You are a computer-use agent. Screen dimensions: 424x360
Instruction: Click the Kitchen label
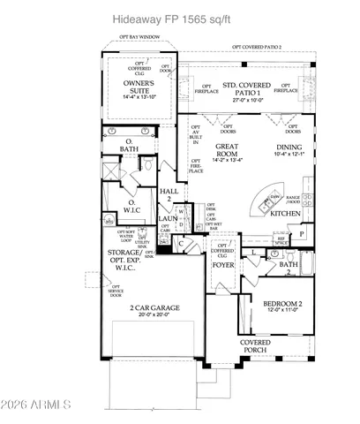point(284,213)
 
